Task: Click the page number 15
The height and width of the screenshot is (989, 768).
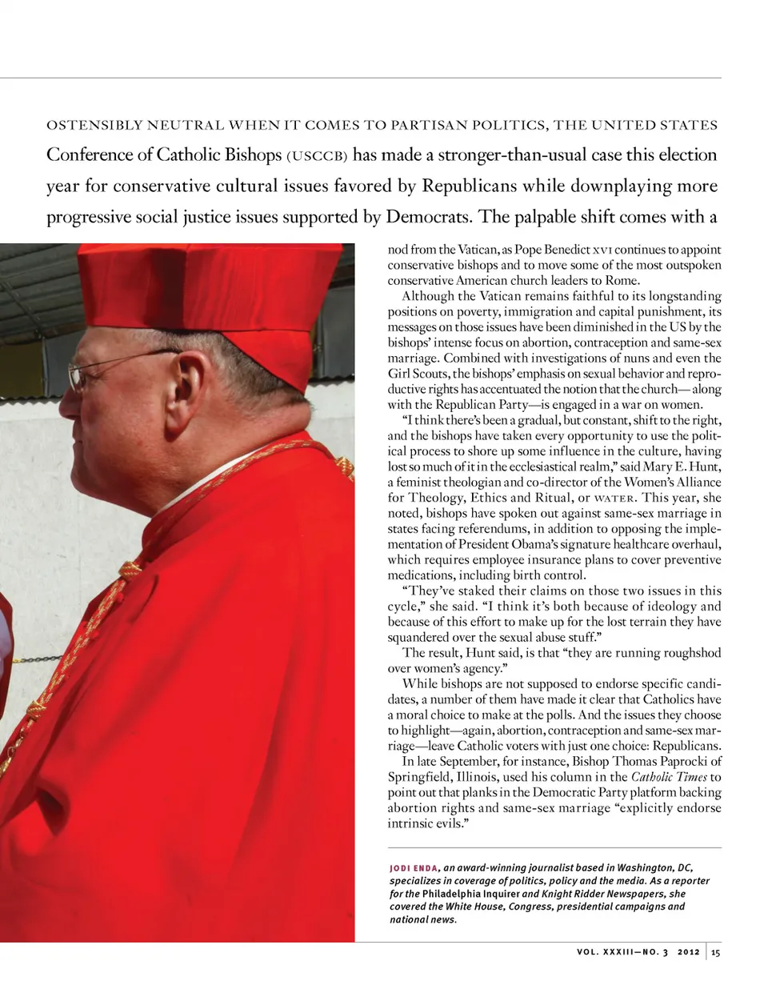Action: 715,952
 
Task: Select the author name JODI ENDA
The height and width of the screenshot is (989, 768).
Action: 413,868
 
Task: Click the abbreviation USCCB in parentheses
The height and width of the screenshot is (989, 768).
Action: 318,156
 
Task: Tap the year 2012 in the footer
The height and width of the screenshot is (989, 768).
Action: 688,952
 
